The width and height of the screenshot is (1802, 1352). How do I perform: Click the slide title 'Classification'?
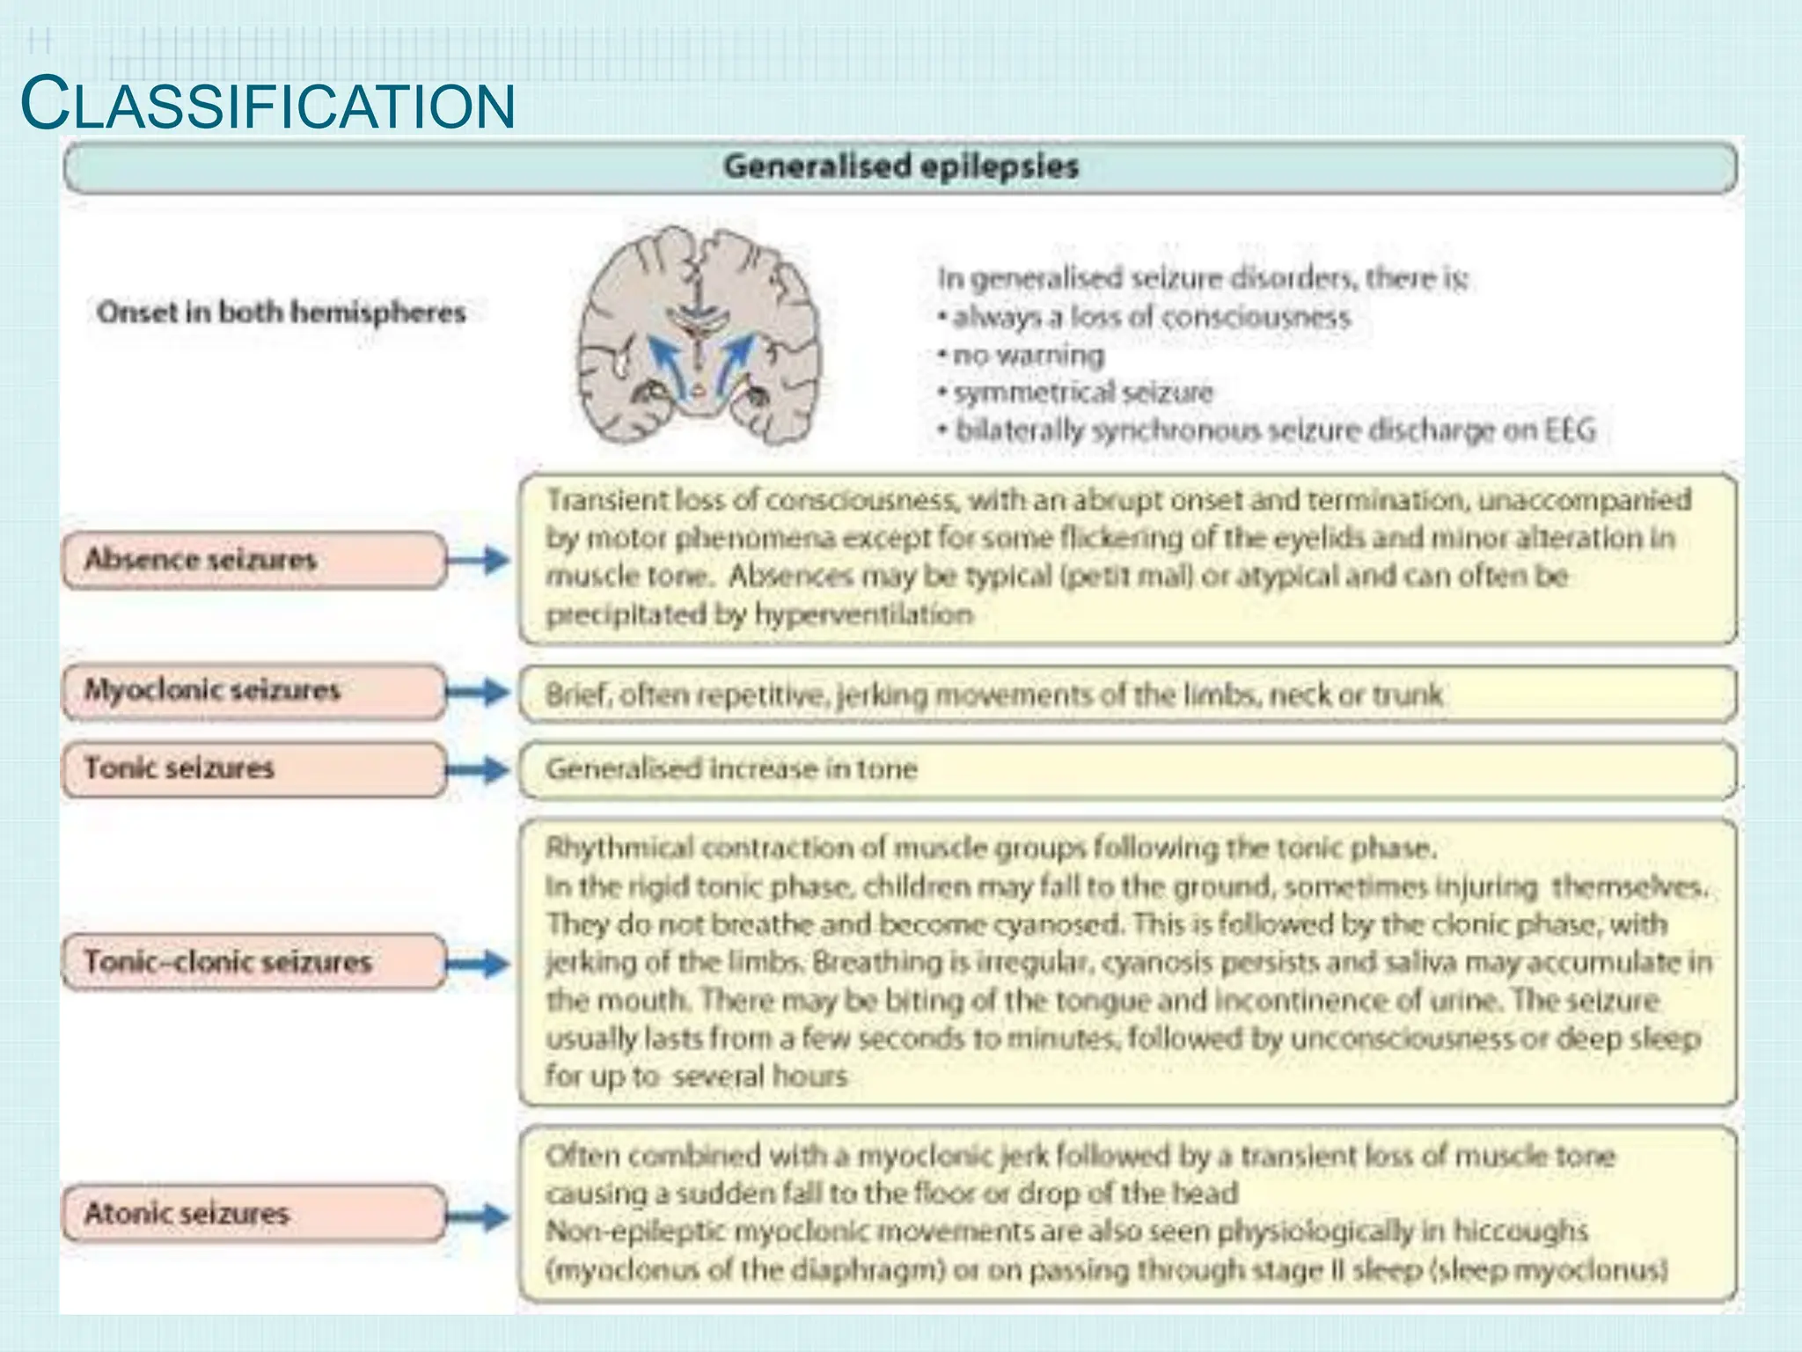[x=267, y=105]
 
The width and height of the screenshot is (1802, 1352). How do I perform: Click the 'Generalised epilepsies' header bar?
[x=900, y=167]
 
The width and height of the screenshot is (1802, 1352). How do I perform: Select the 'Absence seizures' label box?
[x=253, y=560]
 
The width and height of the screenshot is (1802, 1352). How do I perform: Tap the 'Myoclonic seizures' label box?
[x=253, y=691]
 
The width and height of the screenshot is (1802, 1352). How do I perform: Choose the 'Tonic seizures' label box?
[x=253, y=768]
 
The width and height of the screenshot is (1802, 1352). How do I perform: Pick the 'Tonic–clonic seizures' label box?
[x=253, y=962]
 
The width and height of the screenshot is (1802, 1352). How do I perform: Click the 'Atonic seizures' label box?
[x=253, y=1214]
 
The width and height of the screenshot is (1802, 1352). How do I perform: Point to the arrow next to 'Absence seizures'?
[x=479, y=560]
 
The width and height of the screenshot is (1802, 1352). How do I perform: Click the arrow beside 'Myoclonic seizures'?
[x=479, y=693]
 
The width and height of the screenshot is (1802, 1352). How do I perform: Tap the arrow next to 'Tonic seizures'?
[x=479, y=770]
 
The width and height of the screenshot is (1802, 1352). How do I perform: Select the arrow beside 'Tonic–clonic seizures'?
[x=479, y=964]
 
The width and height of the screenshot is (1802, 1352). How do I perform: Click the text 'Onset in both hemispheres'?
[x=281, y=312]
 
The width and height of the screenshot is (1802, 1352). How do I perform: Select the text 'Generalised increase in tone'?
[x=731, y=769]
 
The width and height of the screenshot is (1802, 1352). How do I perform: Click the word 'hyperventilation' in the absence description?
[x=864, y=614]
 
